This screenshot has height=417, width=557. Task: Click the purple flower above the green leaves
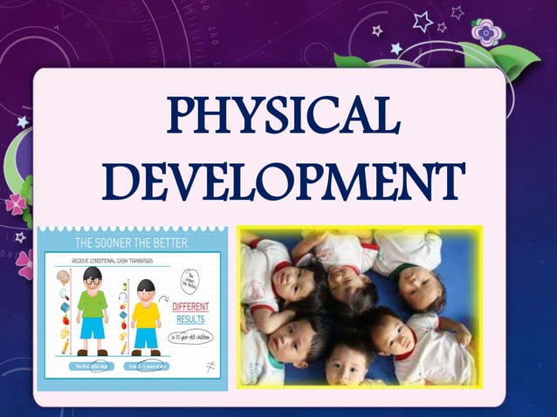pyautogui.click(x=486, y=32)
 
